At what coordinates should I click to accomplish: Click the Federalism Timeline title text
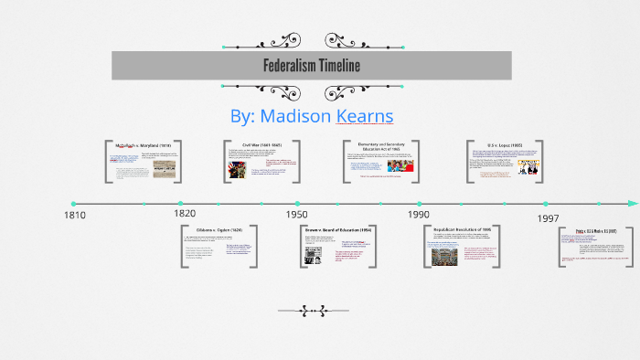(312, 66)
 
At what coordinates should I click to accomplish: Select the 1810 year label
(74, 216)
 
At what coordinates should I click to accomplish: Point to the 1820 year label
(184, 213)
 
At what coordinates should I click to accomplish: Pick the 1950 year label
(295, 214)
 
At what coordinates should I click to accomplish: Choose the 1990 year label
(419, 214)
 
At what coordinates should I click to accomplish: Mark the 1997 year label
(548, 218)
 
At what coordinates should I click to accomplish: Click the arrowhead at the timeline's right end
(634, 203)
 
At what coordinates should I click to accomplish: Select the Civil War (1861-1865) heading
(262, 144)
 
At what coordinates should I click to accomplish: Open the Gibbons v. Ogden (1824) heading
(219, 229)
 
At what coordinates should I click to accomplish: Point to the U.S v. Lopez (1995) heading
(505, 145)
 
